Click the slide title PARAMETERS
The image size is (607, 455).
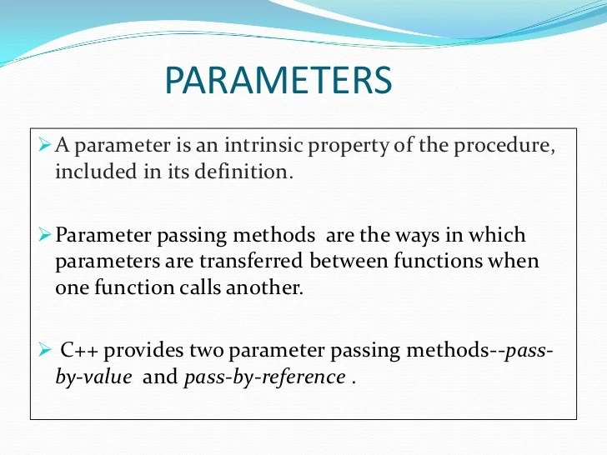[x=278, y=81]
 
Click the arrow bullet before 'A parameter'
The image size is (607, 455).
[x=46, y=147]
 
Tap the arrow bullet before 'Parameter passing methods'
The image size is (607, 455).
[x=46, y=236]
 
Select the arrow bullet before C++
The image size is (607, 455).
[x=46, y=351]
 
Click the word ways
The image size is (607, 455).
[x=404, y=236]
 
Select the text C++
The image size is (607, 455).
[x=81, y=351]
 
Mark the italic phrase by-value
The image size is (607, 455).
[x=93, y=377]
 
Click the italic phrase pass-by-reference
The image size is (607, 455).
[x=264, y=377]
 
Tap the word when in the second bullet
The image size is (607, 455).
[x=515, y=261]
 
